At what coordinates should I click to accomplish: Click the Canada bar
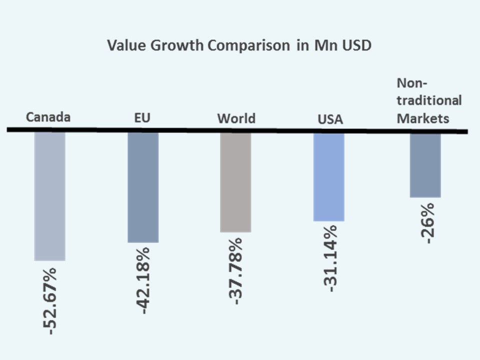(x=49, y=196)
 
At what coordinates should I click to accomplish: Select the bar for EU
(x=143, y=187)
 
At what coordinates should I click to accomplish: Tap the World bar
(x=235, y=182)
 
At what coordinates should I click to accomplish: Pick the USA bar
(x=328, y=176)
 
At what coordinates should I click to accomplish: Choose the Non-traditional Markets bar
(x=425, y=164)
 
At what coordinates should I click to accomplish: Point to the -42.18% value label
(x=144, y=279)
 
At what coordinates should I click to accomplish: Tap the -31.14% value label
(x=329, y=258)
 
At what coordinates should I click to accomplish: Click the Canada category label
(x=48, y=117)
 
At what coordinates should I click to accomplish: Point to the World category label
(x=236, y=118)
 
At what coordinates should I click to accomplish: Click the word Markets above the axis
(x=422, y=119)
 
